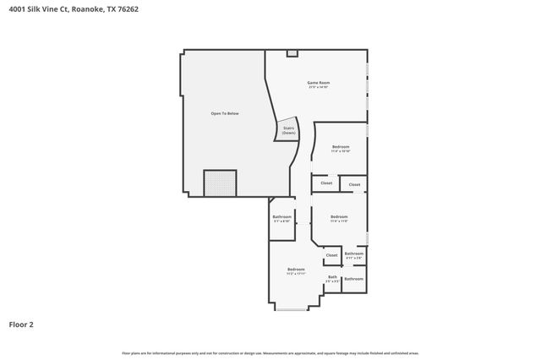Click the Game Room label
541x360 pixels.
point(318,82)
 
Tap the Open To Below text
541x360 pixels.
point(225,113)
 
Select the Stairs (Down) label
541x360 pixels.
point(289,131)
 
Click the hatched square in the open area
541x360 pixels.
point(220,183)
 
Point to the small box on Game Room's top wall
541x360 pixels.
point(292,53)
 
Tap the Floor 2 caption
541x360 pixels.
point(21,324)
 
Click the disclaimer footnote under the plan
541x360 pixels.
point(270,353)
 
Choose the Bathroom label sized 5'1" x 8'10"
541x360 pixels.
point(281,217)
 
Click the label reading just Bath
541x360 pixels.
point(332,276)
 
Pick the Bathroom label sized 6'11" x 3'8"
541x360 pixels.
point(354,254)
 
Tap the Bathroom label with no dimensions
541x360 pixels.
point(354,279)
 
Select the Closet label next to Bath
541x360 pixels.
point(331,254)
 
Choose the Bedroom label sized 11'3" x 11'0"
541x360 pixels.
point(339,216)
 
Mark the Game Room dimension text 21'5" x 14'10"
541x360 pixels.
point(318,87)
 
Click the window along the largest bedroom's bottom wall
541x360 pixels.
point(292,309)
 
